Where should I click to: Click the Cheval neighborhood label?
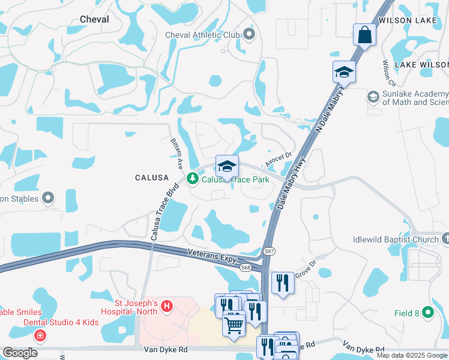(94, 19)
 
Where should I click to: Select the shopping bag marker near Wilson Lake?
(364, 35)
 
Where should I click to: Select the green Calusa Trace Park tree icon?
(193, 179)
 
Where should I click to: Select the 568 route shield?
(246, 268)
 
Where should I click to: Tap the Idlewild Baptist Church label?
(396, 240)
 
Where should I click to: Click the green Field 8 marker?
(427, 313)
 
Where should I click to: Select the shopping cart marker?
(234, 324)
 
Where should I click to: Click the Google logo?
(20, 353)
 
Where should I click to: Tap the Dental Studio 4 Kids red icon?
(40, 335)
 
